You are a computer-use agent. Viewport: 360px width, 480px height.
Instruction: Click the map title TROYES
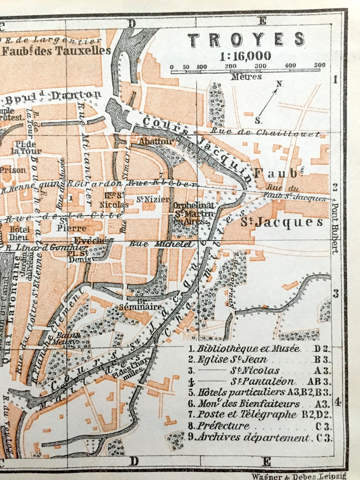246,40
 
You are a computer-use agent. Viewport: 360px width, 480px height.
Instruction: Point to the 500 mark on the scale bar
320,65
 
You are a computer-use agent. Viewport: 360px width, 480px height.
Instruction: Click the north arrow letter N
280,83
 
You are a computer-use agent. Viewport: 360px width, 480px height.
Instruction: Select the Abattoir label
150,141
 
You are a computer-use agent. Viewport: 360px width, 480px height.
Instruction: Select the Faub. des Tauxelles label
56,50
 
